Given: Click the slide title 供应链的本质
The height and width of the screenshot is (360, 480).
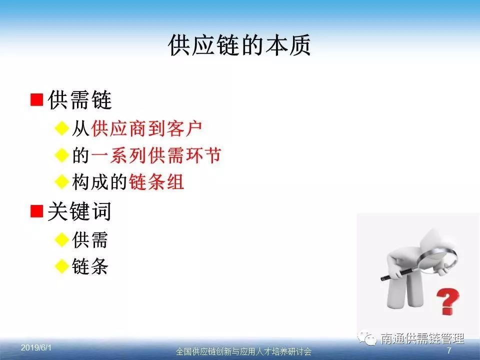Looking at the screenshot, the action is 239,45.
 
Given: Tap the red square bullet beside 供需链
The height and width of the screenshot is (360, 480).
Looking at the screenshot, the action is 37,100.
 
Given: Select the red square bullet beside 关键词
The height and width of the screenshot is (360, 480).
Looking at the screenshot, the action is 37,211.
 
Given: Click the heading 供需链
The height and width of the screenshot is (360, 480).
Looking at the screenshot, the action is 79,100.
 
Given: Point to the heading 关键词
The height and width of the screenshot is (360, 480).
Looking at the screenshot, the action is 79,211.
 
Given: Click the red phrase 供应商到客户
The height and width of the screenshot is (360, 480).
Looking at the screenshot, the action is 146,128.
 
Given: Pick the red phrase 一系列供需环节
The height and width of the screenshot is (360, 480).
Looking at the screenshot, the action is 156,155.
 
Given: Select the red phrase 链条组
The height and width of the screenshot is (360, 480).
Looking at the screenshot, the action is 156,182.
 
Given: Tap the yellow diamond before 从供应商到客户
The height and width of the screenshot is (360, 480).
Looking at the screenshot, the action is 62,128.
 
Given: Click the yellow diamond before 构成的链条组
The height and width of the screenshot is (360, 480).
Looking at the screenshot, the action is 62,182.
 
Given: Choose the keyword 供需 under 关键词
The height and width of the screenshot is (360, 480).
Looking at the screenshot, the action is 90,239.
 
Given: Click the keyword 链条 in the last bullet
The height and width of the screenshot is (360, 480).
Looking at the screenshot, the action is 90,266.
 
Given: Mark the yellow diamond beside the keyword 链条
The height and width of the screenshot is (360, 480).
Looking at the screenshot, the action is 62,266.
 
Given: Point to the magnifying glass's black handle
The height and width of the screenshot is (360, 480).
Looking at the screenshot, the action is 398,274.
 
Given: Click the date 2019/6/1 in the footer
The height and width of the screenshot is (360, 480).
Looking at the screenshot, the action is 36,348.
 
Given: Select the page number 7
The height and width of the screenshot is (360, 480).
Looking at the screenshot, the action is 449,350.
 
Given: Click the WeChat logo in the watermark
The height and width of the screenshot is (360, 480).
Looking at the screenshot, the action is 367,338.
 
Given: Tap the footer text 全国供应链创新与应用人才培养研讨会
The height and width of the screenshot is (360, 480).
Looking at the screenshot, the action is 244,351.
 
